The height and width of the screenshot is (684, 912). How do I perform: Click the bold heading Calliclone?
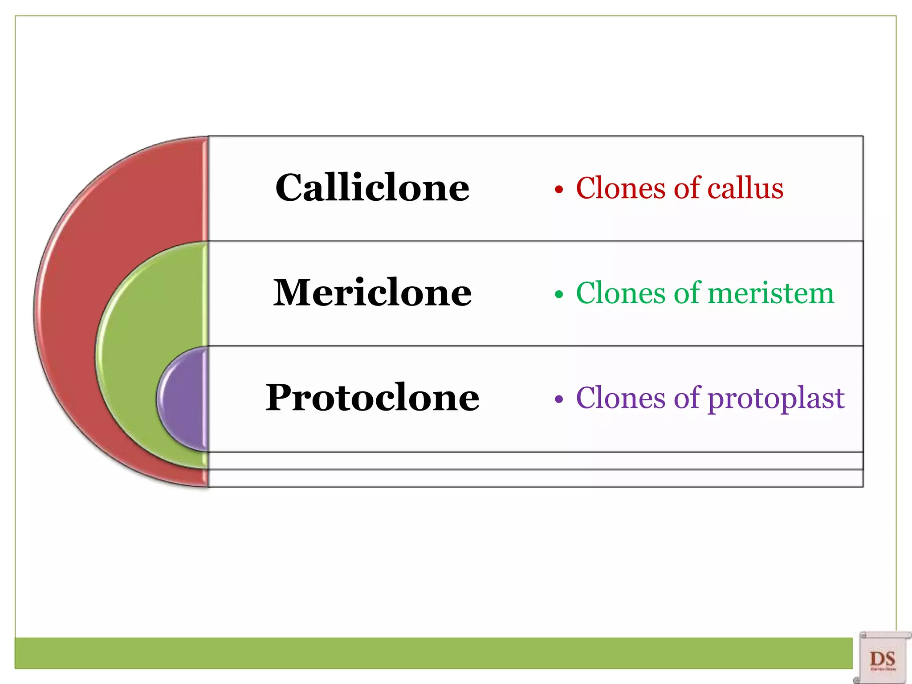372,188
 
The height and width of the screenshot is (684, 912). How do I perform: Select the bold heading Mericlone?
372,293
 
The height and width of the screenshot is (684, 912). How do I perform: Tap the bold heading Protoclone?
372,397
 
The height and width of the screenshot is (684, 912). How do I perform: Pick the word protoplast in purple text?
776,399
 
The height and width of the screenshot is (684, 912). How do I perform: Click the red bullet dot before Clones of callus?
559,190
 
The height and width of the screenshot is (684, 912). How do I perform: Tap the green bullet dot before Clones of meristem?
559,295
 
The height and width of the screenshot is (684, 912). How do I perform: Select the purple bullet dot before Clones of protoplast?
559,399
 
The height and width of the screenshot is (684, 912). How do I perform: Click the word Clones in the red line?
622,188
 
